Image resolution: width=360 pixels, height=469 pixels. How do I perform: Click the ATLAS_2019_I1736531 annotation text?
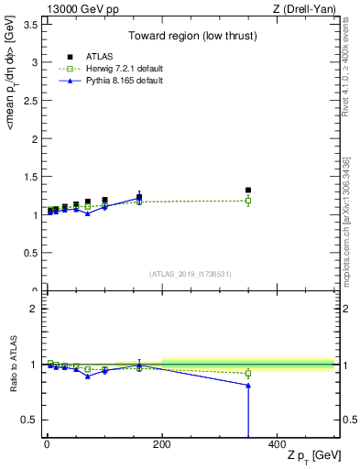(x=191, y=274)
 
